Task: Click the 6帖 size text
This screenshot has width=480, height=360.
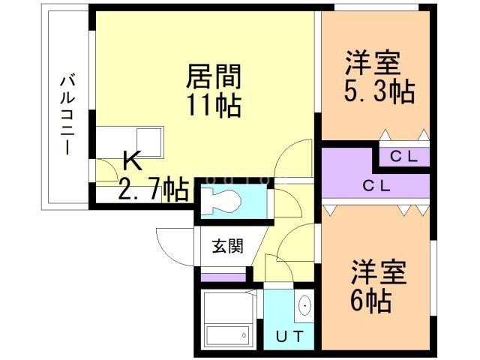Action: pos(370,301)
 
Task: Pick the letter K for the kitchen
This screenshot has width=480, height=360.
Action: pos(132,160)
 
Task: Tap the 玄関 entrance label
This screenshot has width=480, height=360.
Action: pos(226,246)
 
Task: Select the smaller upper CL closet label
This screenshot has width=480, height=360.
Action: pos(403,157)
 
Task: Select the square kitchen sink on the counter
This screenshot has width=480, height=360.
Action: pos(150,139)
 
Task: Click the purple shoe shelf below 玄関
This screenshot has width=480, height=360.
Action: pos(224,277)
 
